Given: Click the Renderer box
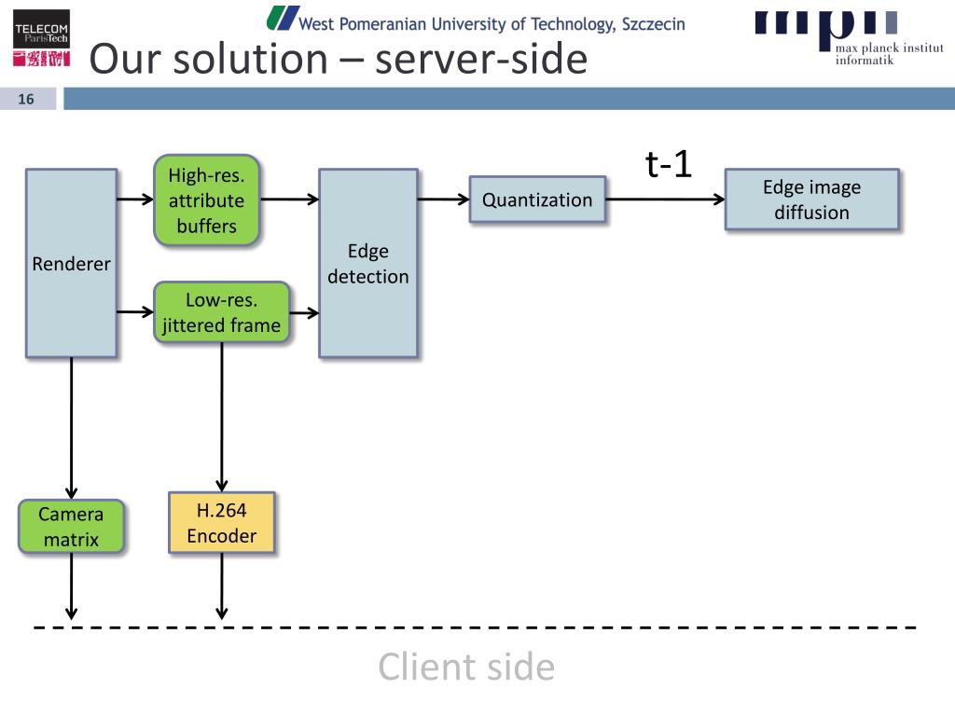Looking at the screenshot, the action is tap(71, 263).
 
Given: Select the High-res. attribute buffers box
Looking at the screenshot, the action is tap(206, 200).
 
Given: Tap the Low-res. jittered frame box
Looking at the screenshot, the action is tap(222, 312).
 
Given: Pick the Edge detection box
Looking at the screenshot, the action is tap(367, 263).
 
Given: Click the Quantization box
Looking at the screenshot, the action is tap(537, 200).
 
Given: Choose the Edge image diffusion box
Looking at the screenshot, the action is tap(812, 200).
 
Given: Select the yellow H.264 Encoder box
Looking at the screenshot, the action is tap(222, 522).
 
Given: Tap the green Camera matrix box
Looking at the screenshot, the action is tap(71, 527).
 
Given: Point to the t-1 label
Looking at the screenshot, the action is tap(668, 164).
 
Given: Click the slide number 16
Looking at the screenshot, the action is tap(25, 99).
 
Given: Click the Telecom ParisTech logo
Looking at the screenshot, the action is tap(41, 37).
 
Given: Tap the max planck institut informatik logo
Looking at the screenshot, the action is tap(849, 36).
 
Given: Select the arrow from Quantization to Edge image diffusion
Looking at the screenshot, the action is tap(665, 200).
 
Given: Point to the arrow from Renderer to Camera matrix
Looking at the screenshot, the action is tap(71, 428).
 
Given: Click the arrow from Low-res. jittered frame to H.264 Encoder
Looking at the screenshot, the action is tap(222, 418).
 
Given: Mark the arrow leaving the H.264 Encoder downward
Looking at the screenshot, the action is tap(222, 586).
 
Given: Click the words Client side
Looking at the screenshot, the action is tap(466, 667).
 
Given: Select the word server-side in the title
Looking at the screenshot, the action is tap(481, 59).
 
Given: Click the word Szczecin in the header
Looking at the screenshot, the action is tap(654, 24).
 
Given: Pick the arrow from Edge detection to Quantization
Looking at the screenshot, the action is tap(443, 200).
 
